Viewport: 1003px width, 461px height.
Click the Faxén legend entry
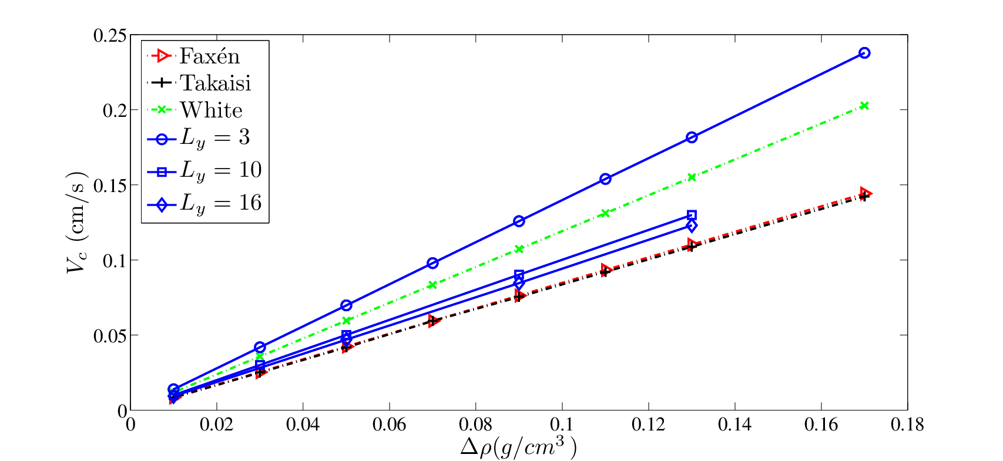(193, 56)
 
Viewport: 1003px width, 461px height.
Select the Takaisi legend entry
(199, 83)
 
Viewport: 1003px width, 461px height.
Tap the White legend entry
(194, 110)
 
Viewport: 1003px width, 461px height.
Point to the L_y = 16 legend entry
(204, 204)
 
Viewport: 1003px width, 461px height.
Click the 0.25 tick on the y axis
(109, 35)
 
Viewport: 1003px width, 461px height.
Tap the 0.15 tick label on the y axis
(109, 185)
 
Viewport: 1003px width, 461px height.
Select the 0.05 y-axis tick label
(109, 335)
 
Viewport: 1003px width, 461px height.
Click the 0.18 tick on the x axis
(907, 425)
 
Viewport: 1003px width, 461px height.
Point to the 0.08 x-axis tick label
(475, 425)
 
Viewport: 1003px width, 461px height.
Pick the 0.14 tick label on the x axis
(735, 425)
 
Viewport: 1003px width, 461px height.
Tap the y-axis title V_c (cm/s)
(77, 222)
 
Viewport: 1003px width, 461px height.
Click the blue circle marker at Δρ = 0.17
(865, 53)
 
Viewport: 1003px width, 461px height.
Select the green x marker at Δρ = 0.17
(865, 106)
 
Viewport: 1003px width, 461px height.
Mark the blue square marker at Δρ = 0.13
(692, 216)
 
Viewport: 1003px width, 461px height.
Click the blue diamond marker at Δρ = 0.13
(692, 226)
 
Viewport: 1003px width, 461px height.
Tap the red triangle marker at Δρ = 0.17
(866, 194)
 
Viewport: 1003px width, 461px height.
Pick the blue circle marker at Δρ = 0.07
(432, 263)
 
